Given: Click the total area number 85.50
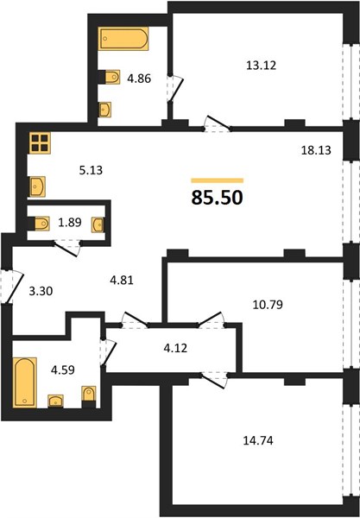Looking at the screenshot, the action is (x=218, y=198).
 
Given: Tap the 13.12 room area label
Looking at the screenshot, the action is (x=261, y=65).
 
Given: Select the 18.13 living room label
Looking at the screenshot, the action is (x=316, y=150).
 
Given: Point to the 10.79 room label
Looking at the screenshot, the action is (x=268, y=304).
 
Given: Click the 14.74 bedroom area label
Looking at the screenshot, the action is (x=258, y=440).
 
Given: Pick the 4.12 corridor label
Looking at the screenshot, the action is (x=175, y=348).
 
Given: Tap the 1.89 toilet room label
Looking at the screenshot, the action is (x=70, y=223).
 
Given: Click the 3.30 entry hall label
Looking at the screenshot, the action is (x=41, y=291).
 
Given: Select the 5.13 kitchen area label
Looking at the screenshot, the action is (x=91, y=170).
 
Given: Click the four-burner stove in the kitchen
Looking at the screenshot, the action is (x=40, y=143).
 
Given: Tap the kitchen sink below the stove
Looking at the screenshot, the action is (x=37, y=186).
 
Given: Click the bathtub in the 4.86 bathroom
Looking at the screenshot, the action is (x=123, y=39).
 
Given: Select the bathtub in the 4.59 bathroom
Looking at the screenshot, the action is (x=24, y=382).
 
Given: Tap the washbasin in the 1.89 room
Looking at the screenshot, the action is (x=98, y=225).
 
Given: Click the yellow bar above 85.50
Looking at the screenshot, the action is (x=218, y=180).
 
